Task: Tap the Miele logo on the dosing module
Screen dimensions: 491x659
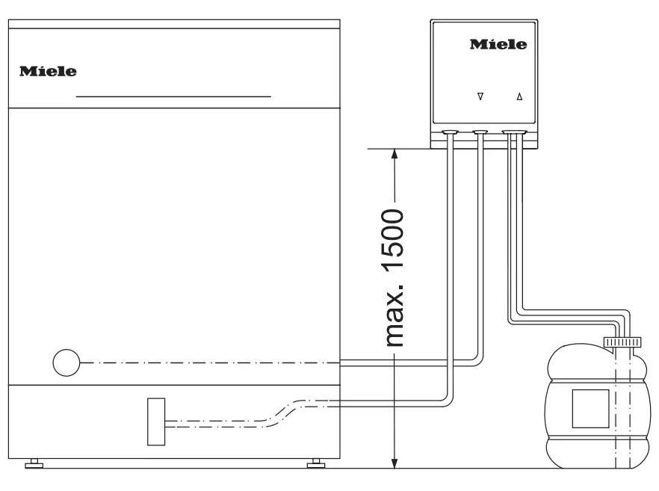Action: point(498,45)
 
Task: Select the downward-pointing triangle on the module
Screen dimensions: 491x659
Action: point(480,96)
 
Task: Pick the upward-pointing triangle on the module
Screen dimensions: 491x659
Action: point(520,96)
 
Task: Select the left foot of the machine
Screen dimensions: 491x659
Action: point(34,465)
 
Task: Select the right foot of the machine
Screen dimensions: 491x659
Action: point(316,465)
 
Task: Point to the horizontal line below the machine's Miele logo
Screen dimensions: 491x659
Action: point(173,96)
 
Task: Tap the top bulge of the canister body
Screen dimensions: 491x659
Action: point(590,365)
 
